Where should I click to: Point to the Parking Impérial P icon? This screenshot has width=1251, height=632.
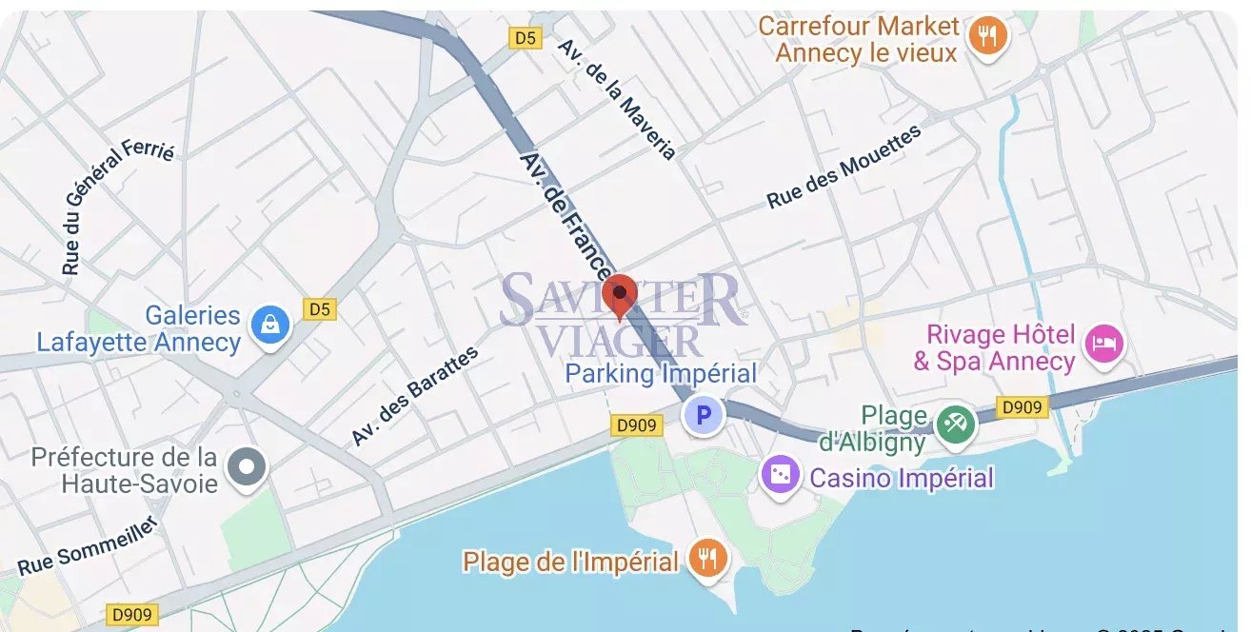pos(704,415)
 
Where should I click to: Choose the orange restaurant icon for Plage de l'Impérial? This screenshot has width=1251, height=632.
pos(705,559)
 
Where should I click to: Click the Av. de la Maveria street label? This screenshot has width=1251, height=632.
pos(617,99)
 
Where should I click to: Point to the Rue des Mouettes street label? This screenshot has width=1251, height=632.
pos(844,168)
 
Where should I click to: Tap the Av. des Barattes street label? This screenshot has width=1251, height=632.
pos(414,397)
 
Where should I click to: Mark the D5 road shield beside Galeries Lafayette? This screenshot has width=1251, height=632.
pos(320,309)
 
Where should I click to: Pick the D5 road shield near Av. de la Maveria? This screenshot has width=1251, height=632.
pos(526,38)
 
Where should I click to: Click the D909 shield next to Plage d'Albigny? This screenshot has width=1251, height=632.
pos(1023,407)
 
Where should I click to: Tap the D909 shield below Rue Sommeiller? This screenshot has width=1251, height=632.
pos(130,614)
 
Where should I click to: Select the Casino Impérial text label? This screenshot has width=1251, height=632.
pos(902,477)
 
